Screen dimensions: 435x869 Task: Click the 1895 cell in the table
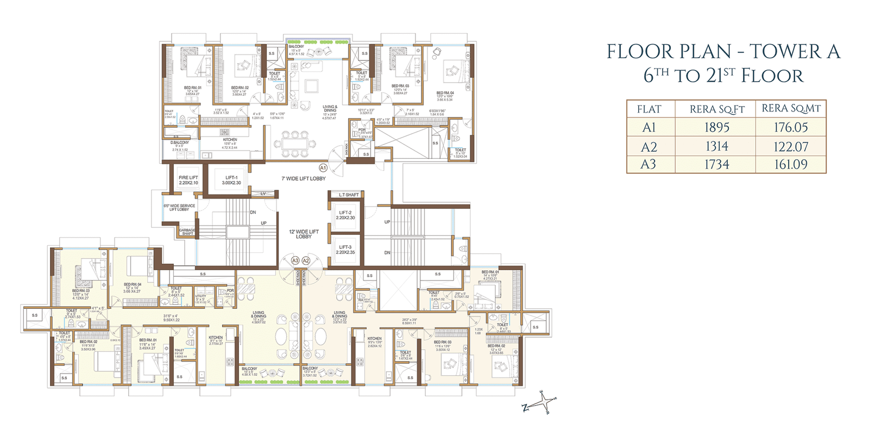click(716, 127)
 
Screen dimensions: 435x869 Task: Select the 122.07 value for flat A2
click(791, 147)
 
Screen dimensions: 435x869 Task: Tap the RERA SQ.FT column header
click(716, 109)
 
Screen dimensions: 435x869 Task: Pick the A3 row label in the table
click(648, 164)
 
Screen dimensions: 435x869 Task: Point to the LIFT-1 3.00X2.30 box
click(231, 180)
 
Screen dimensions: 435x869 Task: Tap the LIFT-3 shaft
click(345, 250)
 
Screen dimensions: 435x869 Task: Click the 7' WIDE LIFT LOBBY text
click(304, 178)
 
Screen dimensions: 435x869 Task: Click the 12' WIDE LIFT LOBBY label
click(304, 234)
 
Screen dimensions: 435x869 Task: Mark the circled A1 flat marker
click(323, 168)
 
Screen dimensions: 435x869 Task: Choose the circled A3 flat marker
click(295, 260)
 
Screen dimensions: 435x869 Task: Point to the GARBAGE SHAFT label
click(187, 232)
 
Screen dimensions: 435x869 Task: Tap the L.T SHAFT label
click(349, 195)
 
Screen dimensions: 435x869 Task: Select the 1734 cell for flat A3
click(716, 164)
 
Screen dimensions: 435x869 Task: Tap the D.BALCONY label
click(180, 142)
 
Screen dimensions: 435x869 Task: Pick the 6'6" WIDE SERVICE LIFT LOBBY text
click(179, 207)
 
